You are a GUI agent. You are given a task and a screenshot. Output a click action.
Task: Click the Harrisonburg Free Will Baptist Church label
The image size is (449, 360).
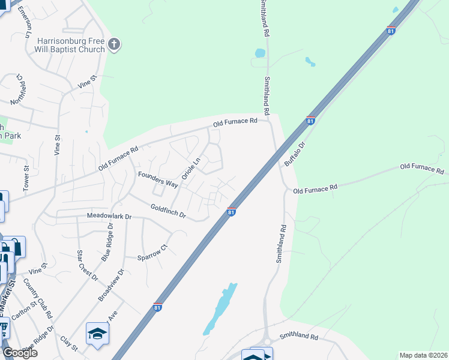71,45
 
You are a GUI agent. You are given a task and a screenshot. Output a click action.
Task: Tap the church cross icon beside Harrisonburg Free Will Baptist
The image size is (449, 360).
115,44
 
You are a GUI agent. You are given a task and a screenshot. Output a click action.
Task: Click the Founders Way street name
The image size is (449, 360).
157,179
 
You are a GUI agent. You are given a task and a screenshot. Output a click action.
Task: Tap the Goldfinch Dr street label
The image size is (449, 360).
168,210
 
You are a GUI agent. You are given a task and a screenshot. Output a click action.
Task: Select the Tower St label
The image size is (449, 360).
26,178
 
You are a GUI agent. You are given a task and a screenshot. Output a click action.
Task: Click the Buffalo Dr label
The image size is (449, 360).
295,154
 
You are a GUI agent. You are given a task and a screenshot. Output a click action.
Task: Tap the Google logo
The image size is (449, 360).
19,353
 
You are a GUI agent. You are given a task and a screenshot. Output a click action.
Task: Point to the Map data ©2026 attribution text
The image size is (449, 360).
423,355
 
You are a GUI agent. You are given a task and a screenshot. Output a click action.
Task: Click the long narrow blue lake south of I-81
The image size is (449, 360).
220,308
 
